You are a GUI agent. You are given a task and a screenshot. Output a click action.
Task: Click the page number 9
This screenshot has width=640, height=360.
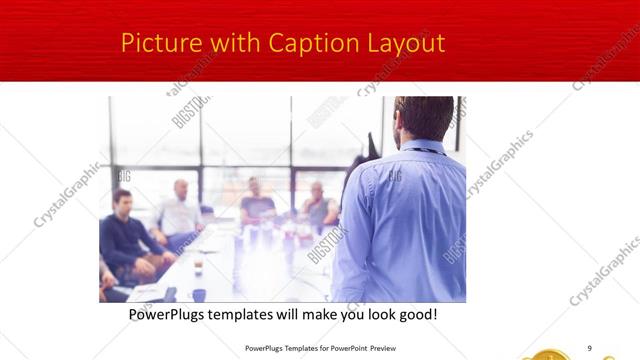[x=589, y=347]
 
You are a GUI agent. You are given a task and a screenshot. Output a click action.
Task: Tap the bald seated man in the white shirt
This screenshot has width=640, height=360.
[x=180, y=210]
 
